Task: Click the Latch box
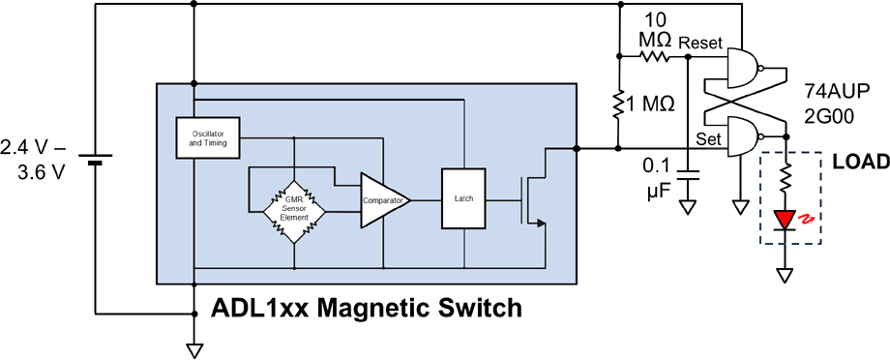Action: [463, 198]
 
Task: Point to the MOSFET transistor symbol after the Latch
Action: [530, 199]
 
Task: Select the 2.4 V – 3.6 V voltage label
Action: [35, 159]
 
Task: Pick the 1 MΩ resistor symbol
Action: [618, 105]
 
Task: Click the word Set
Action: [709, 138]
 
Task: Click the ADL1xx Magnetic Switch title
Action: [368, 309]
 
